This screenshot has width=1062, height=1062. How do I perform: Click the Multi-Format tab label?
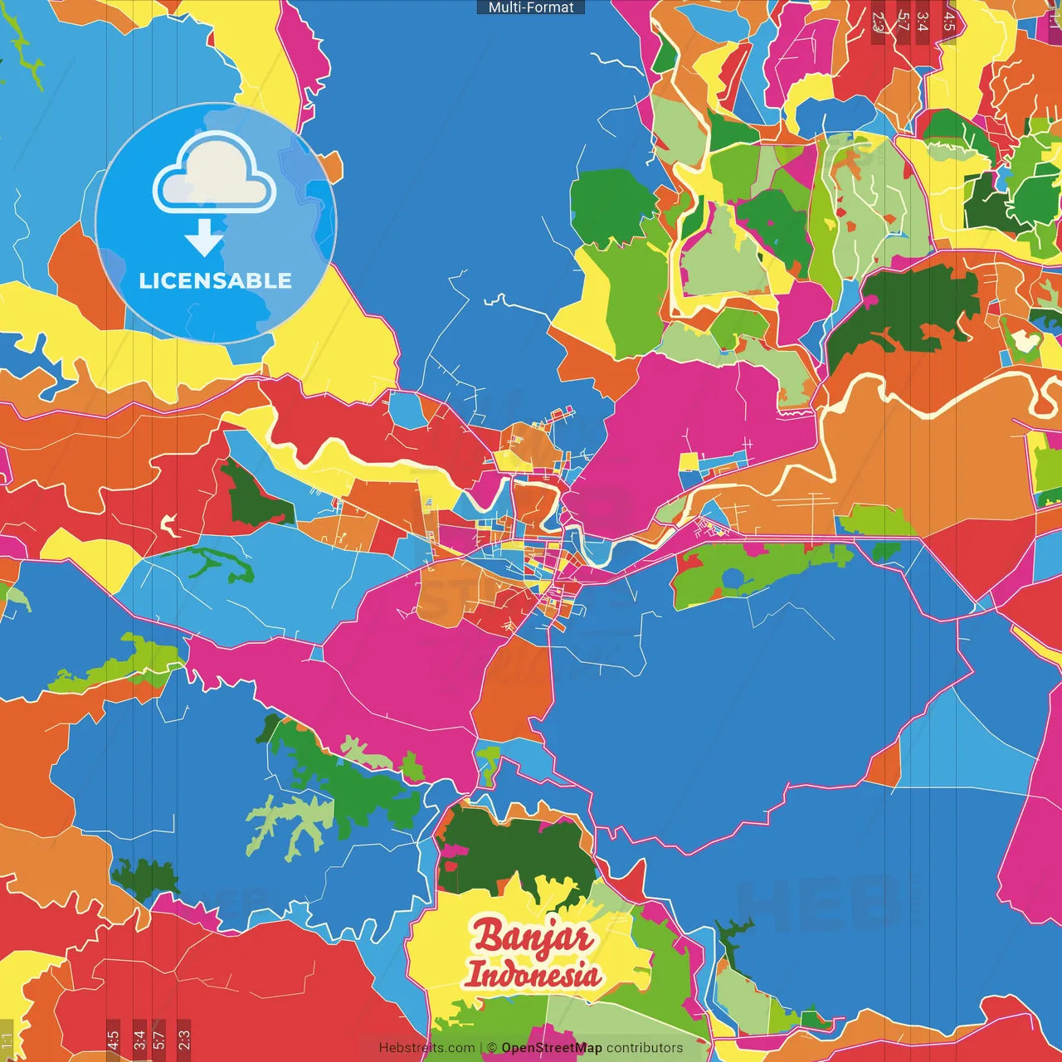tap(531, 7)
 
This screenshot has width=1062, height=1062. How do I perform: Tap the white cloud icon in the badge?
tap(215, 174)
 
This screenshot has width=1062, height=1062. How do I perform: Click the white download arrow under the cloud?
tap(203, 238)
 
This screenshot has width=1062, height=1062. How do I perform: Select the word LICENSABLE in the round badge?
tap(215, 281)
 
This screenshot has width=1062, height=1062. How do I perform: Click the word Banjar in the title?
tap(533, 937)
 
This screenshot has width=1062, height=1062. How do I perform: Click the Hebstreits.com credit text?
tap(426, 1048)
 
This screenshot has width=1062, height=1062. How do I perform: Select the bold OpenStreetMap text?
tap(551, 1048)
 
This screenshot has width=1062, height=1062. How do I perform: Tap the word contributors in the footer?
tap(645, 1048)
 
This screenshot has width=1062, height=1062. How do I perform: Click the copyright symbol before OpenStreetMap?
tap(492, 1048)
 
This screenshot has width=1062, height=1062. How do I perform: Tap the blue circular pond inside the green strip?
tap(732, 578)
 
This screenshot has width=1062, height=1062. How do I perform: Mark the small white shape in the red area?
tap(170, 524)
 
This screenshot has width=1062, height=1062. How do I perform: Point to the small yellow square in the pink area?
tap(689, 462)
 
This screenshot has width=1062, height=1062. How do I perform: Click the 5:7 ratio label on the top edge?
tap(903, 22)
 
